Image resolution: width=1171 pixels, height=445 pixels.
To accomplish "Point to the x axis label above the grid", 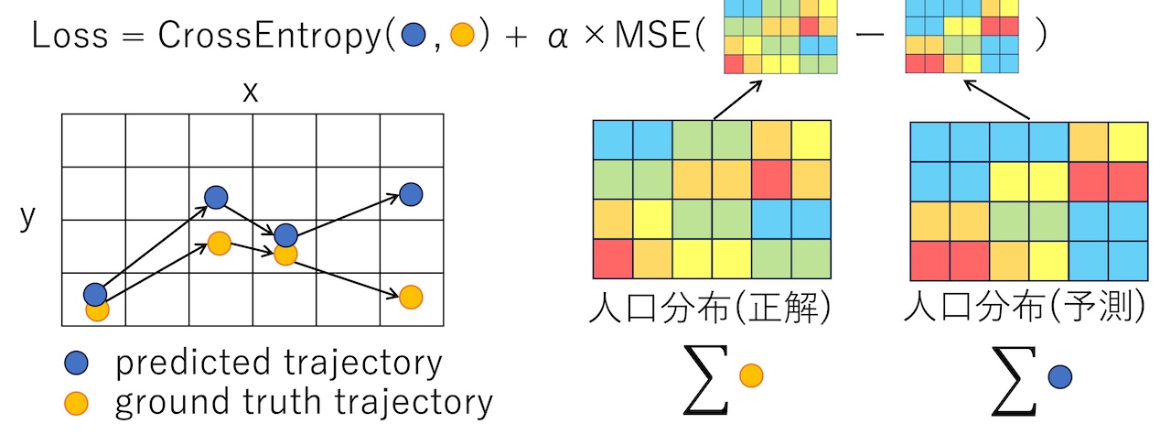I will pos(251,92).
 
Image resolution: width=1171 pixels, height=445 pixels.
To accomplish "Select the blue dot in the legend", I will pos(77,364).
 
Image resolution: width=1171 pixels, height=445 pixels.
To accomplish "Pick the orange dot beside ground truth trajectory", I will pos(77,403).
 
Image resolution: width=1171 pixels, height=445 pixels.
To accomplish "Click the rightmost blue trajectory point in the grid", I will pos(411,194).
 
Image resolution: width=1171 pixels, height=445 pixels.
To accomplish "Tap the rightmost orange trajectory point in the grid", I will pos(411,297).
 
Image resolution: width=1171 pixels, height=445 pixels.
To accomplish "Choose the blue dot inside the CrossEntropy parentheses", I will pos(414,37).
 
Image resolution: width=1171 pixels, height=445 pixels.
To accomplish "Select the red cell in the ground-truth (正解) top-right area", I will pos(770,179).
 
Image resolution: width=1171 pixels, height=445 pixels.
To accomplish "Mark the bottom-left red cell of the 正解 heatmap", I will pos(613,258).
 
